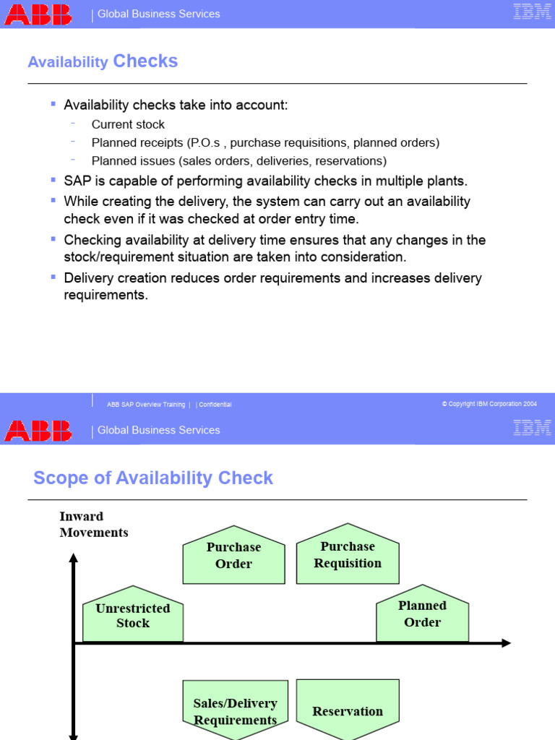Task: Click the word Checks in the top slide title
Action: click(x=145, y=61)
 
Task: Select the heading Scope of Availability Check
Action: click(x=153, y=478)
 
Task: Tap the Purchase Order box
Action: click(x=233, y=556)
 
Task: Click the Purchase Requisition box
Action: click(x=348, y=555)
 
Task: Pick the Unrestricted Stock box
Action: click(x=133, y=615)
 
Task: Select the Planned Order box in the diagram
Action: click(x=422, y=614)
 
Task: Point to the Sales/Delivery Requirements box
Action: click(x=235, y=711)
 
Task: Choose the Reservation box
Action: click(x=348, y=711)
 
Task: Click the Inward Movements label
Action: click(x=94, y=524)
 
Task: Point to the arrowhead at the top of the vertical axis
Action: click(x=73, y=557)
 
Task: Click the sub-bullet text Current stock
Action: click(x=128, y=124)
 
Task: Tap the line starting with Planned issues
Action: click(x=238, y=161)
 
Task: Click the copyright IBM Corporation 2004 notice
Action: click(x=489, y=404)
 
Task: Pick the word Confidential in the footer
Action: click(x=215, y=405)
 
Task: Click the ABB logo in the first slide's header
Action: click(x=38, y=14)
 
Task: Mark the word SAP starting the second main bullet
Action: click(x=77, y=181)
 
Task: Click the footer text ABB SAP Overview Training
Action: click(x=145, y=405)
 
